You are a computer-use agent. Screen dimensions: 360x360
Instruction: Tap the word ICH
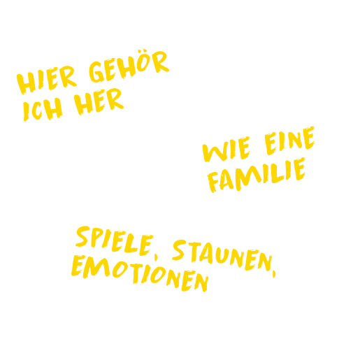point(43,109)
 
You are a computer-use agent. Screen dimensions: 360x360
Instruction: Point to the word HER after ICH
point(99,102)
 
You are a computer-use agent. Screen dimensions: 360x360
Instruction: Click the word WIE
point(226,149)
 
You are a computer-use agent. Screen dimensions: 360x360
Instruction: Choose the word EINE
point(289,141)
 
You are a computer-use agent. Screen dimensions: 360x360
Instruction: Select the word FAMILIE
point(257,175)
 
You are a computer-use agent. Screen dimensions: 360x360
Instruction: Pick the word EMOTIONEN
point(140,273)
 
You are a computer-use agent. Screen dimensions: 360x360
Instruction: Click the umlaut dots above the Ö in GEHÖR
point(143,50)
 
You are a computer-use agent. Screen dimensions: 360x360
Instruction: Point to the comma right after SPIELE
point(156,257)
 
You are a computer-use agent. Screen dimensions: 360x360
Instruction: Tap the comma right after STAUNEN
point(274,274)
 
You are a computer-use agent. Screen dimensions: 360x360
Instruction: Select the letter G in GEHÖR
point(96,72)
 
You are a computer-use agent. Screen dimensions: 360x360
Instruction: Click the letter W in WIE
point(215,152)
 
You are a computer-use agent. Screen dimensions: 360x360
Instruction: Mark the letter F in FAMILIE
point(213,182)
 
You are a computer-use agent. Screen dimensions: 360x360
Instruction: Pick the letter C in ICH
point(37,110)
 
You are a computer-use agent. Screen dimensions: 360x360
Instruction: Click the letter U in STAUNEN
point(222,255)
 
